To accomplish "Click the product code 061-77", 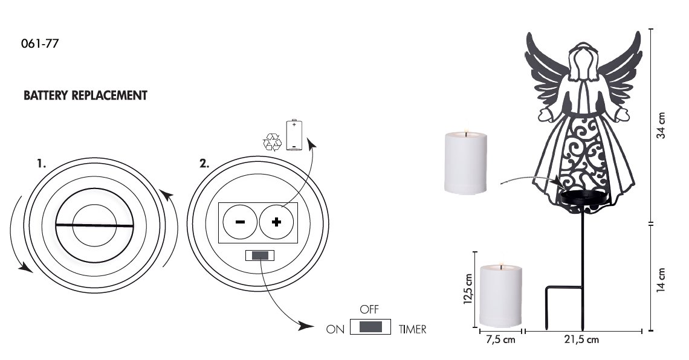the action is [39, 43].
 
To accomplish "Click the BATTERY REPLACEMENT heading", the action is [85, 95].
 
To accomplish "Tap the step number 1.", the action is [41, 164].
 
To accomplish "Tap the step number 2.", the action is [204, 164].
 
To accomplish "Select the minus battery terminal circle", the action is [240, 222].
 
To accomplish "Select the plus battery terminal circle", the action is [276, 222].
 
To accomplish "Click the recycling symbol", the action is [273, 142].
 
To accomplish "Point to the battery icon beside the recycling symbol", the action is [294, 135].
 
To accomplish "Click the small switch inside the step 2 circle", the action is [260, 256].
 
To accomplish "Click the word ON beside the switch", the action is [335, 329].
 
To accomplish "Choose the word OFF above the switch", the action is [369, 309].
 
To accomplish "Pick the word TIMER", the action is [412, 329].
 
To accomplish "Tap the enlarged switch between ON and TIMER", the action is [370, 327].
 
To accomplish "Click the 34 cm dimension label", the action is [661, 126].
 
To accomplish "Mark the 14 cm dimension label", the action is [661, 280].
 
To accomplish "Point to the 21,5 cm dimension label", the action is [581, 339].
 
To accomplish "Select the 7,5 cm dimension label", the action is [500, 339].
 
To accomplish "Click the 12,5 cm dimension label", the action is [468, 289].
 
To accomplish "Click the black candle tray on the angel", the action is [585, 198].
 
